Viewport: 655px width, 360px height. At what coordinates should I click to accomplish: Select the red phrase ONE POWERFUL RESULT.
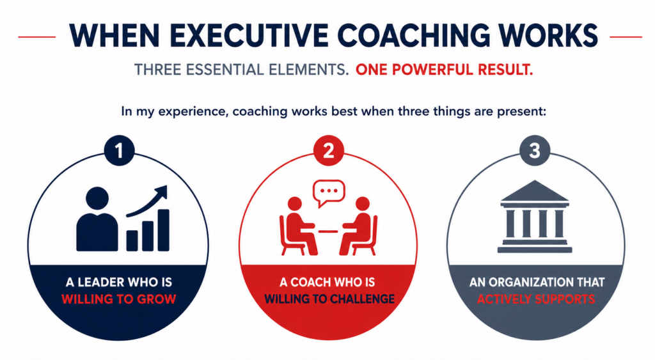(445, 70)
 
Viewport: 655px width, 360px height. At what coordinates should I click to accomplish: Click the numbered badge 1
(119, 150)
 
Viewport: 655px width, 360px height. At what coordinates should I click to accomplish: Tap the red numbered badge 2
(328, 150)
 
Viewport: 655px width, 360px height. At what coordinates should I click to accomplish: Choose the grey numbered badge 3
(534, 150)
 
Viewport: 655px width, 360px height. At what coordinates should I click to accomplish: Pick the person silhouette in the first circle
(97, 219)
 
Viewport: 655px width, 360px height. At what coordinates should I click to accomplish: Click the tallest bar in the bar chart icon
(163, 230)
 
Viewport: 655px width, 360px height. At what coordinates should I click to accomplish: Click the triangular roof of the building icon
(534, 191)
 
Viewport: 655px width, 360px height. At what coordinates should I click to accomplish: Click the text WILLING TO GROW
(118, 299)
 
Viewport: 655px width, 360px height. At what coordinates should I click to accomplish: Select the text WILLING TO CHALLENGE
(329, 299)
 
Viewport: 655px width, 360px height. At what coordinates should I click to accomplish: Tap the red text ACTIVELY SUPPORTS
(536, 299)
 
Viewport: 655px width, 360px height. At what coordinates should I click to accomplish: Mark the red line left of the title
(36, 36)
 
